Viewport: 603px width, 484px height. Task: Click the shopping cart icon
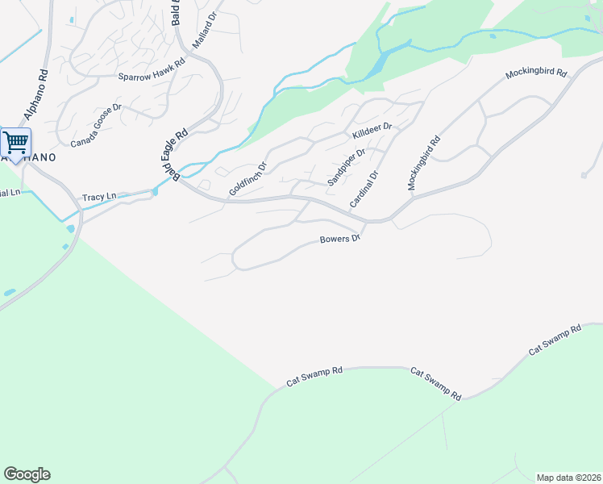(15, 143)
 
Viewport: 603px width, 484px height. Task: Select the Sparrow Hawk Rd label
(152, 77)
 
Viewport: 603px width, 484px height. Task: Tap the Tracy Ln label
(99, 197)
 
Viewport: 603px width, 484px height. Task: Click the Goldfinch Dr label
(247, 178)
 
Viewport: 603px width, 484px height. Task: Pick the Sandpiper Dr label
(347, 167)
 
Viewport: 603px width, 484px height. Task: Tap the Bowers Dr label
(339, 240)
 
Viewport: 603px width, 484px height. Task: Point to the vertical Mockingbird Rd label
(424, 163)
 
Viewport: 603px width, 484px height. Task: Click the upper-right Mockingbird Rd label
(537, 73)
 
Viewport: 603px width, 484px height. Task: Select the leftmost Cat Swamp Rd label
(314, 377)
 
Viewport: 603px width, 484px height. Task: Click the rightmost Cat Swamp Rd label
(555, 340)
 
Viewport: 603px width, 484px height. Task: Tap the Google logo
(27, 474)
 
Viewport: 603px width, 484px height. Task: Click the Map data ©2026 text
(568, 478)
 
